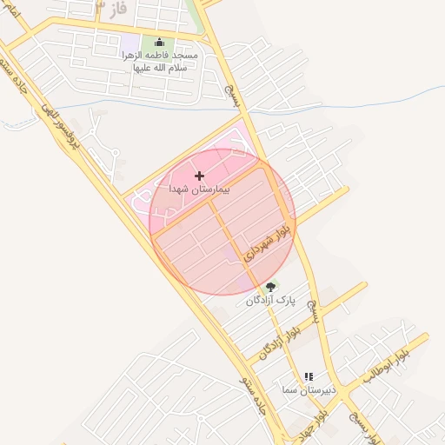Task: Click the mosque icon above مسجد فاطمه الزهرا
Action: point(158,42)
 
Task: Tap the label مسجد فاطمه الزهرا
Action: point(160,60)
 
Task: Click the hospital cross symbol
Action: point(200,176)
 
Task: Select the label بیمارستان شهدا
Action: point(200,188)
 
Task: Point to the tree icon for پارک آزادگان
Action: point(271,287)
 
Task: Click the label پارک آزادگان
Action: point(271,300)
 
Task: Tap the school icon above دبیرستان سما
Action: point(309,376)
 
